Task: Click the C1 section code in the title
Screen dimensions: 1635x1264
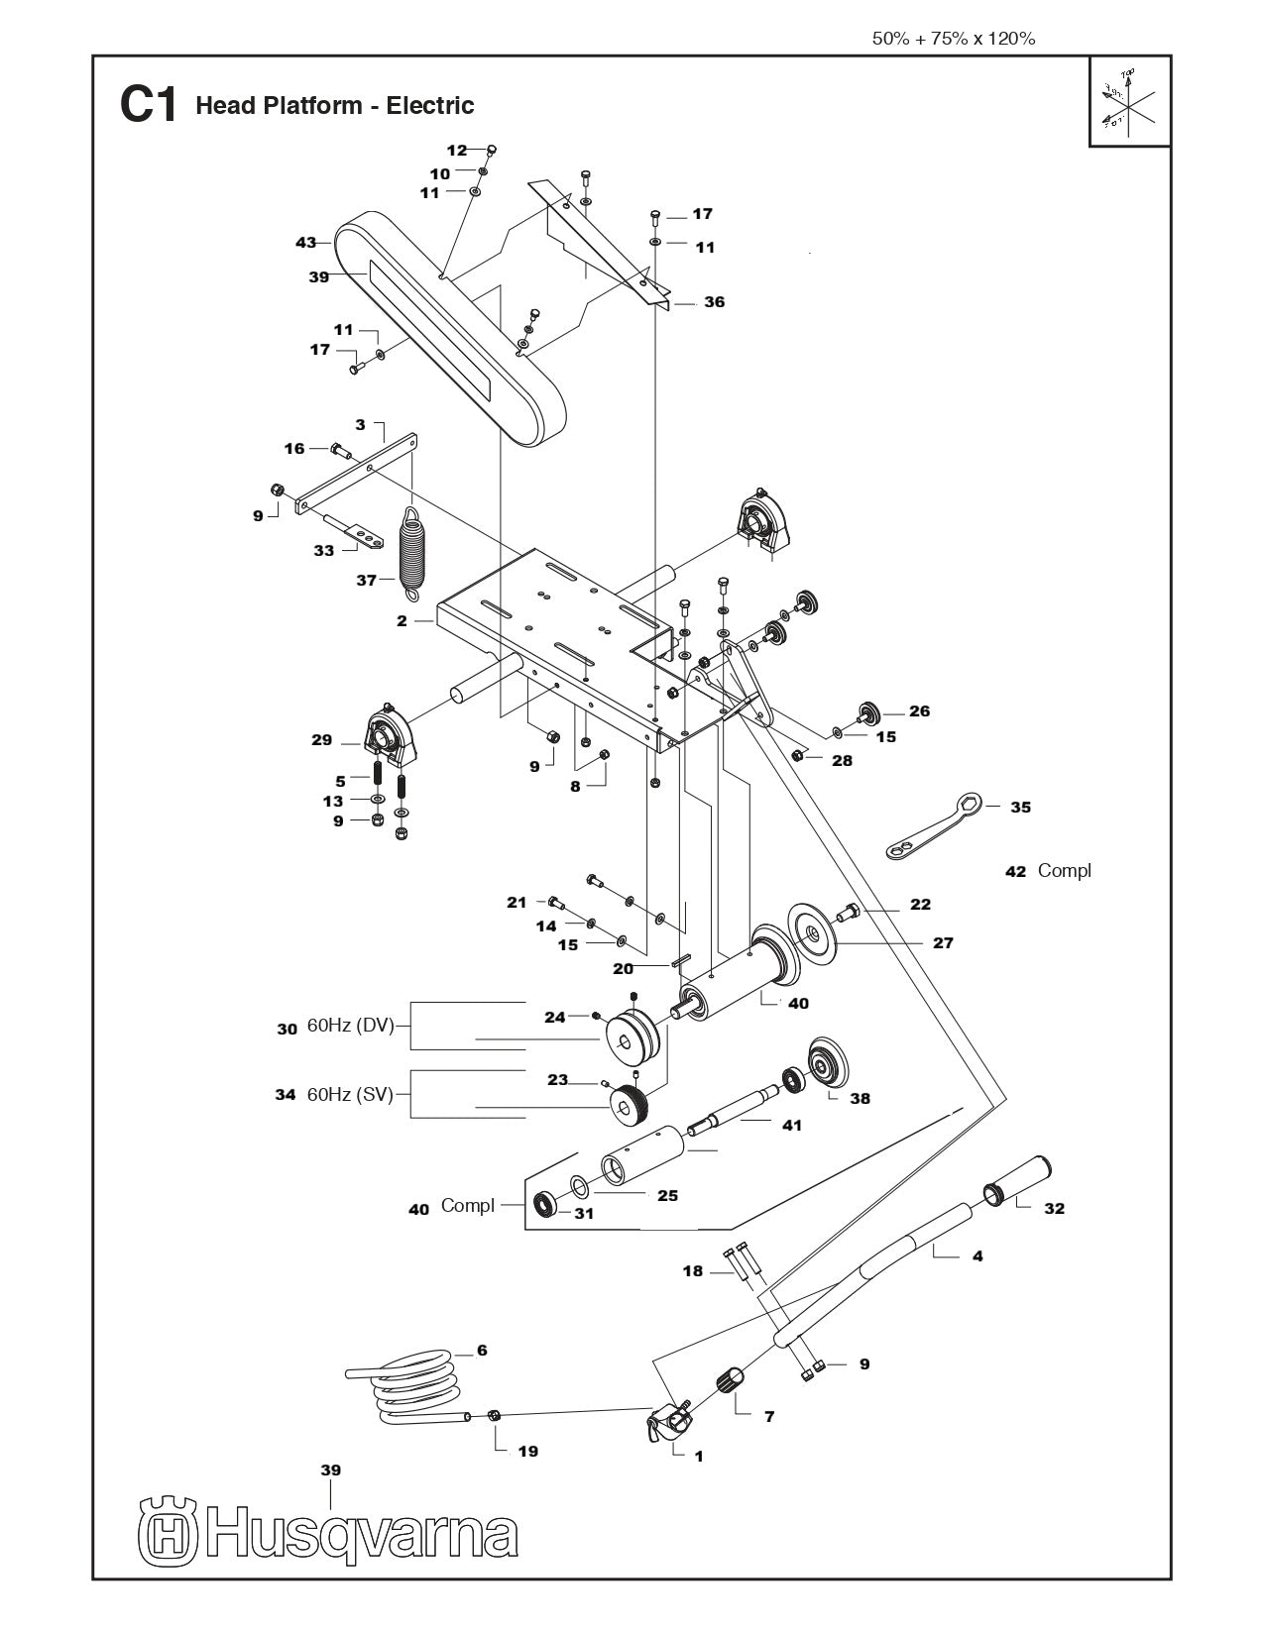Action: pyautogui.click(x=148, y=105)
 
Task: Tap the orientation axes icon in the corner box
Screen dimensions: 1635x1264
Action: pyautogui.click(x=1128, y=102)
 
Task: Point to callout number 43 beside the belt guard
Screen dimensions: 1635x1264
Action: pyautogui.click(x=305, y=242)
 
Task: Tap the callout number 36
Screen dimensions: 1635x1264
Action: pyautogui.click(x=714, y=302)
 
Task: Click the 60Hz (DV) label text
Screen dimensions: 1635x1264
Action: pyautogui.click(x=350, y=1027)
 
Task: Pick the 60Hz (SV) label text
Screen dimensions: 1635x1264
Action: pyautogui.click(x=350, y=1095)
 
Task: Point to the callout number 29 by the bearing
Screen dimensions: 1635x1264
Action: pyautogui.click(x=321, y=740)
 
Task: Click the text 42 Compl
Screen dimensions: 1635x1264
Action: pyautogui.click(x=1048, y=870)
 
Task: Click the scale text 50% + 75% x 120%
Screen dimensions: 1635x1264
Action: pyautogui.click(x=953, y=39)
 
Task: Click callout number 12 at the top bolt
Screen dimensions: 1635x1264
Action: pyautogui.click(x=456, y=151)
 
